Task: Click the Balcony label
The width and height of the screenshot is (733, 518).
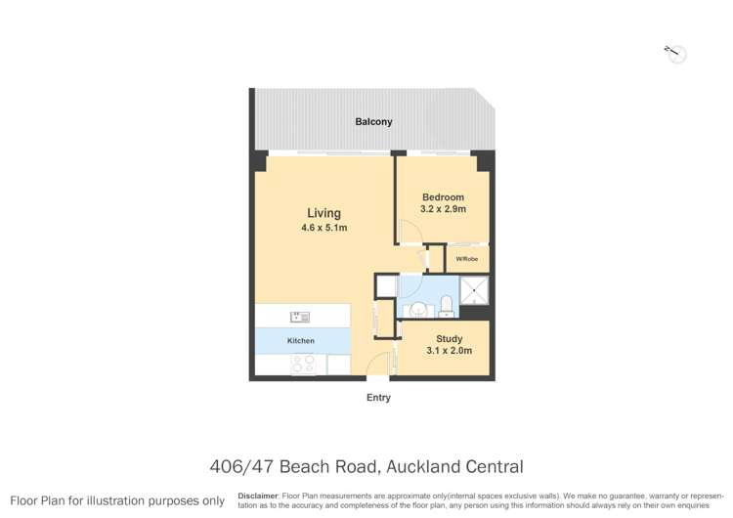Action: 373,122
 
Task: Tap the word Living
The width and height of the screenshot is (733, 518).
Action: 323,213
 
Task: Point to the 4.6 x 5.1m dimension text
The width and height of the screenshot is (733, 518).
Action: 323,229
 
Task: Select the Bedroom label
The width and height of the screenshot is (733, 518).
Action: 443,197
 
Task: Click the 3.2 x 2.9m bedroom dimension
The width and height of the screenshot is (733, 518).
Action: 443,209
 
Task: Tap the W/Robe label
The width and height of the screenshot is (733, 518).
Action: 467,259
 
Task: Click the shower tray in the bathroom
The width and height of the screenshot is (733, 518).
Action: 474,289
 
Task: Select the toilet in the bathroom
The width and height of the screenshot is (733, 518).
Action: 447,307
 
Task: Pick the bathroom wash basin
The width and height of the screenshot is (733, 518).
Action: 417,310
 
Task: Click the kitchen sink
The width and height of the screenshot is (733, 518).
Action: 299,317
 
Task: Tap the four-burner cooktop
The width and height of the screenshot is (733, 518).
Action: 303,364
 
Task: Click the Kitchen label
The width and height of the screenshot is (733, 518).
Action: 301,341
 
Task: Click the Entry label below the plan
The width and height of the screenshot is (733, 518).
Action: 378,398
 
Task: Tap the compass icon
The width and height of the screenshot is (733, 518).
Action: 675,54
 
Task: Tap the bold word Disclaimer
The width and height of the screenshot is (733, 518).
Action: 258,496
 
